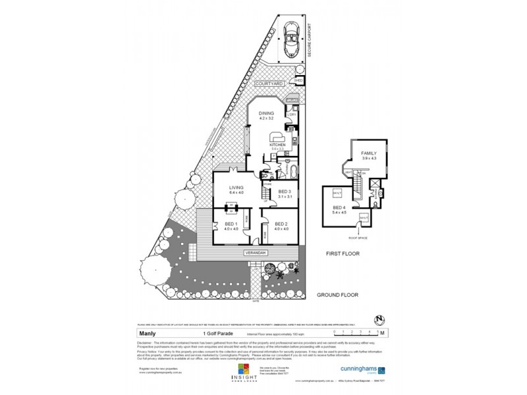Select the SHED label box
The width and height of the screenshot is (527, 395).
point(298,81)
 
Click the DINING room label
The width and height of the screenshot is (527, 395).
point(266,115)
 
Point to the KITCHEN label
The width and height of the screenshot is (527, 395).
point(277,144)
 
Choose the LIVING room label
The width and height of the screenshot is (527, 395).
point(236,188)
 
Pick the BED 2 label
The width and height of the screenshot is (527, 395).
point(281,224)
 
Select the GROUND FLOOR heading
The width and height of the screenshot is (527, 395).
point(337,295)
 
